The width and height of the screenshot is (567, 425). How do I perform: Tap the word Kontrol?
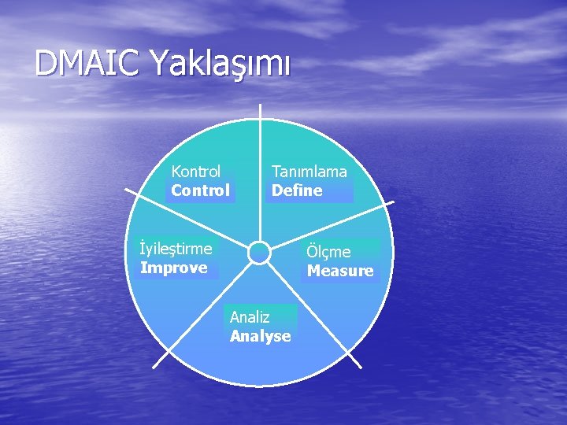pos(196,171)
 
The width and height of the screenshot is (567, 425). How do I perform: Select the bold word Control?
pos(200,190)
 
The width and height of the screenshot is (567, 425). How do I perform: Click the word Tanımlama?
pos(309,171)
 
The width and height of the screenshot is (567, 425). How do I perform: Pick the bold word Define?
pos(297,190)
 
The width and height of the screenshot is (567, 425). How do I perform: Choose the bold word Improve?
pos(173,268)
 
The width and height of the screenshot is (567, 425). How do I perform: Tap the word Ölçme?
pos(329,252)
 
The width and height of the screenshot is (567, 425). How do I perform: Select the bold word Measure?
pos(340,272)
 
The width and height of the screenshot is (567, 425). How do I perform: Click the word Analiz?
pos(250,317)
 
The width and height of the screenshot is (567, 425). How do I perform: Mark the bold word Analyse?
pos(260,337)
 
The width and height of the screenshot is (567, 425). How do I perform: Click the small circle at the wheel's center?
pos(259,253)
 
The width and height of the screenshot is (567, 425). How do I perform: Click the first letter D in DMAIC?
pos(46,64)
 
